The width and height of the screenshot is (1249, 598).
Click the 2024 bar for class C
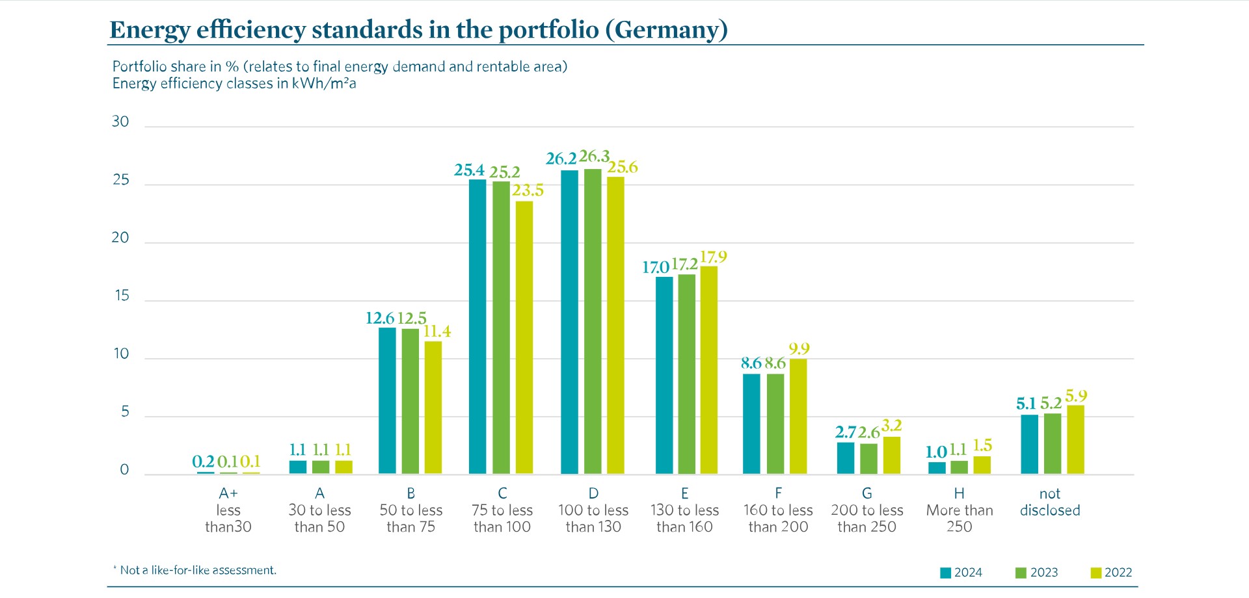point(477,326)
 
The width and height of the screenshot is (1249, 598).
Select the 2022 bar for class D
point(615,325)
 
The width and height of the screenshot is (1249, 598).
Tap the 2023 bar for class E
point(686,374)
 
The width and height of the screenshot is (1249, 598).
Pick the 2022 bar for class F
point(798,416)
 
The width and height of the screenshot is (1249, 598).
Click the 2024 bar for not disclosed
point(1029,444)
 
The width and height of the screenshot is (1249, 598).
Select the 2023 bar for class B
point(410,401)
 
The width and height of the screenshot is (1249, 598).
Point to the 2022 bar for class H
point(982,465)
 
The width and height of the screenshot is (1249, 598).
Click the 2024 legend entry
point(961,573)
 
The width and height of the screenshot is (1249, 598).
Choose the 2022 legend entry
point(1111,573)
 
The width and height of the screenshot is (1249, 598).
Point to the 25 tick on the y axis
point(121,180)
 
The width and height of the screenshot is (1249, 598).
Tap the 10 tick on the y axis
point(121,354)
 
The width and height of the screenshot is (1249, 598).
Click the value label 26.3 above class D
point(594,157)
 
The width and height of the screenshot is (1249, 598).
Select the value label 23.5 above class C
point(528,190)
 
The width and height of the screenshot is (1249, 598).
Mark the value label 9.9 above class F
point(799,349)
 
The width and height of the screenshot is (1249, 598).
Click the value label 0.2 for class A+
point(203,462)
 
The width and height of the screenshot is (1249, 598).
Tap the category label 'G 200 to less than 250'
point(866,510)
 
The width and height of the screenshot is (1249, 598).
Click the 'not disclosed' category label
point(1049,502)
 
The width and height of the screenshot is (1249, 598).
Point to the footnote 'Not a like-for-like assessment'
point(198,571)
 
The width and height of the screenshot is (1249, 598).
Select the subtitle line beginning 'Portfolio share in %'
point(340,66)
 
